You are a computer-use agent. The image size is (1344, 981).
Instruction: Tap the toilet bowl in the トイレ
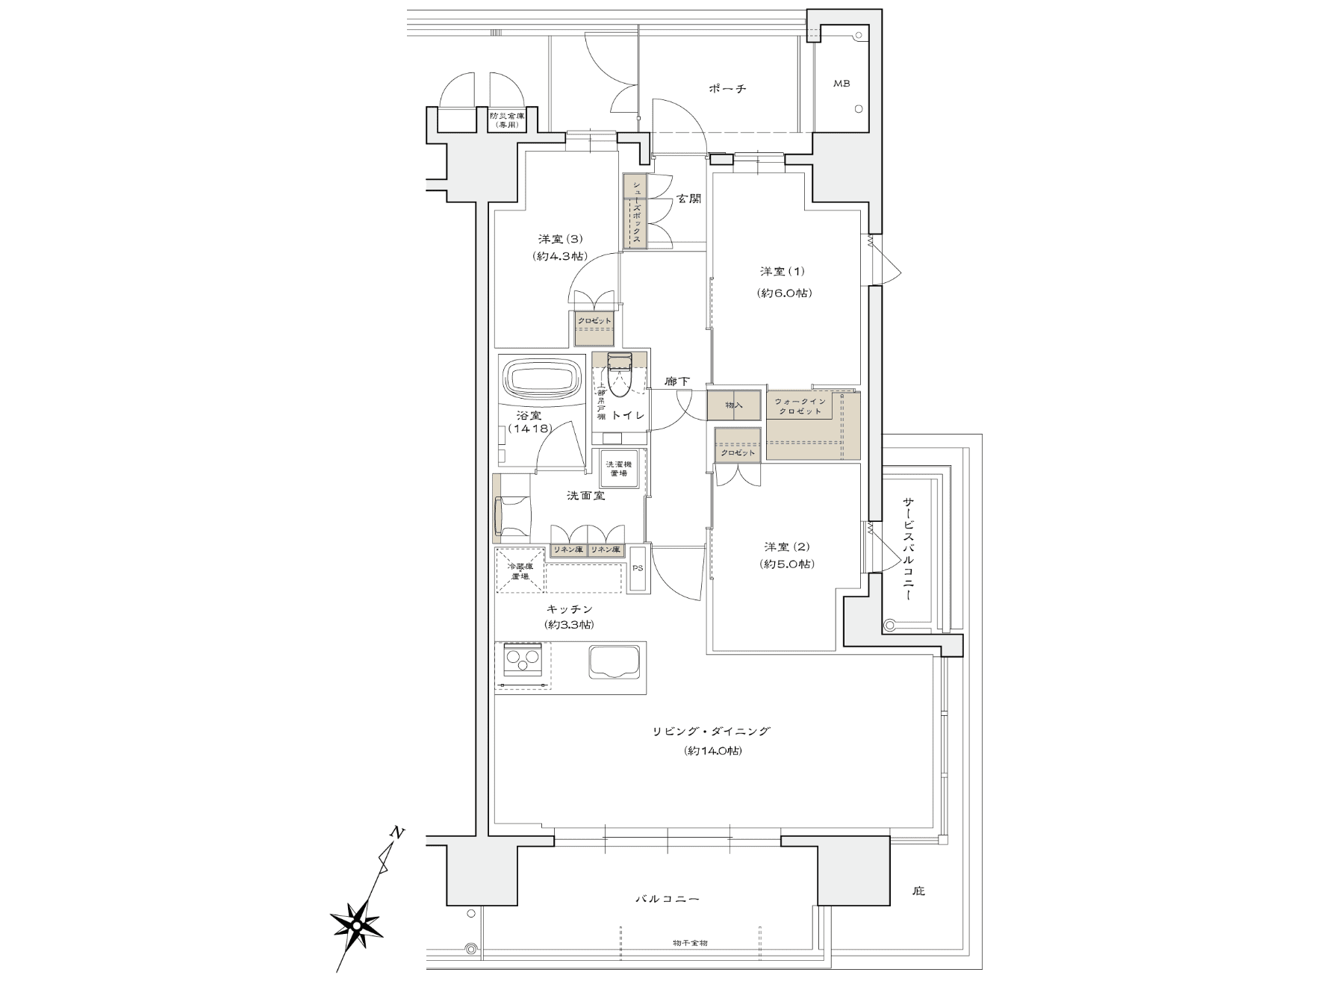coord(619,377)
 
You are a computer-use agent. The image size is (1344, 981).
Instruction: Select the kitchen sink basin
coord(616,662)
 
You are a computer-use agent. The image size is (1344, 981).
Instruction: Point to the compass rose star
coord(357,926)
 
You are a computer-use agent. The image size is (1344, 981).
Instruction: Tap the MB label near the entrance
coord(841,84)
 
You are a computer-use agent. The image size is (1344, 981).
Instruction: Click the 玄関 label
coord(689,199)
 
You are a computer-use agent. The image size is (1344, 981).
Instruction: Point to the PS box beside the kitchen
coord(638,569)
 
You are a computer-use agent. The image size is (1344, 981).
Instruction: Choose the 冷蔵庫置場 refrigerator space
coord(519,571)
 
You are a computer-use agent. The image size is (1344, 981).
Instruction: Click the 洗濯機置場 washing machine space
coord(618,469)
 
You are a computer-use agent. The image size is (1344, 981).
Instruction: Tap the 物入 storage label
coord(735,405)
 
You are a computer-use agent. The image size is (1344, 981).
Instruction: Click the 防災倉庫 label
coord(507,120)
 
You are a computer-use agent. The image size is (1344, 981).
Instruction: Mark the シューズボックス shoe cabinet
coord(636,211)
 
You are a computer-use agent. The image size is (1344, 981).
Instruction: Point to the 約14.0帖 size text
coord(713,751)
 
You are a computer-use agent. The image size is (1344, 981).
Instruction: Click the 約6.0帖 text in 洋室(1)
coord(783,293)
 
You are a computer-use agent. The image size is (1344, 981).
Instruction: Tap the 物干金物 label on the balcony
coord(689,943)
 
